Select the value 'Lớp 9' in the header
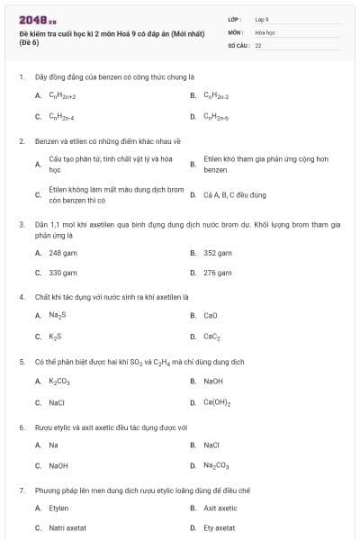(262, 18)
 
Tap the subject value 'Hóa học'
(264, 31)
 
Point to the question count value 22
(258, 44)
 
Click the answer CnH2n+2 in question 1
(62, 94)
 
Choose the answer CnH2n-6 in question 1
(217, 116)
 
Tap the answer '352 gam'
(217, 253)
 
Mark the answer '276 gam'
(217, 272)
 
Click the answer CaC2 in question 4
(211, 337)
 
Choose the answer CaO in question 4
(211, 315)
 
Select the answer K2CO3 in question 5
(58, 381)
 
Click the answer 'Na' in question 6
(53, 445)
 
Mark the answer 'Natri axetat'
(67, 527)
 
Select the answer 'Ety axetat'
(219, 527)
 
